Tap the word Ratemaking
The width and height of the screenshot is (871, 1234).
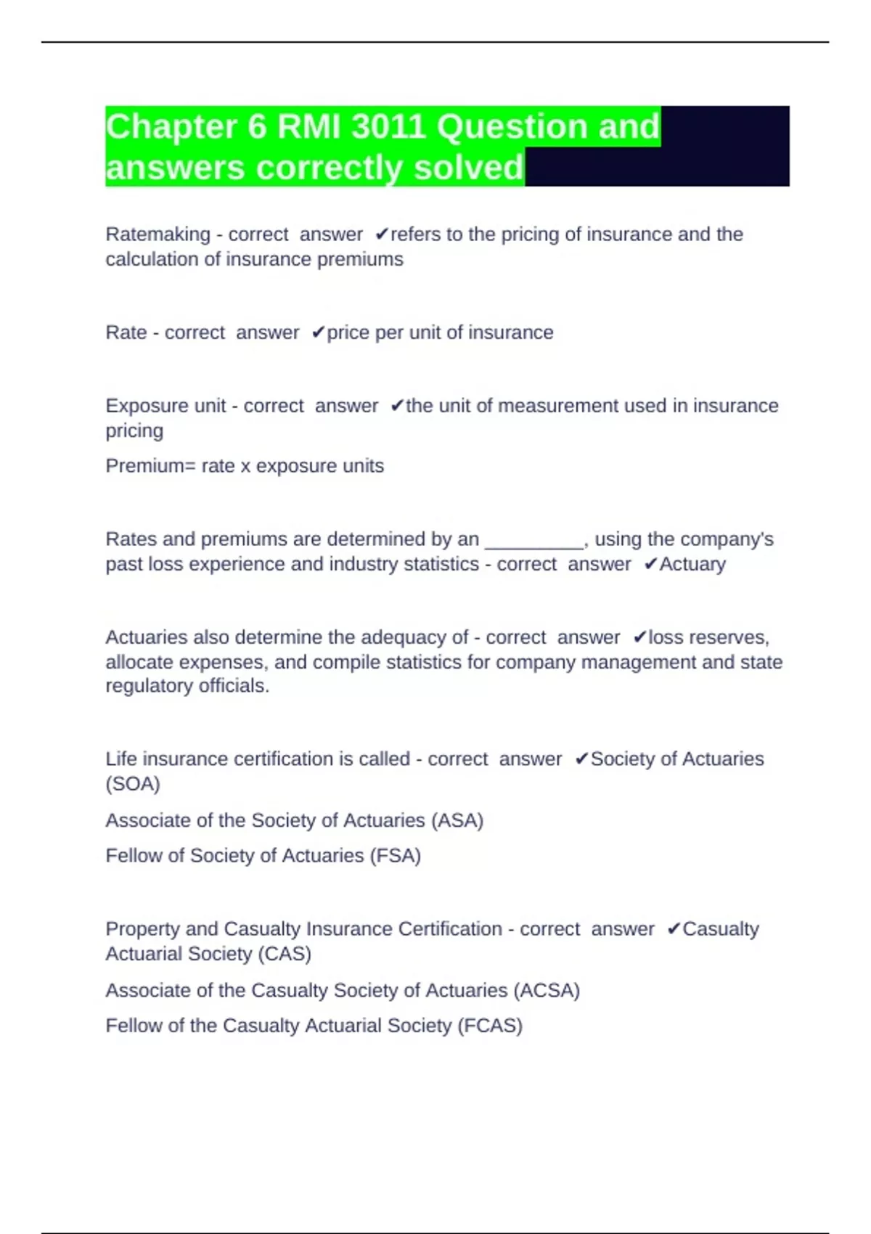(x=158, y=234)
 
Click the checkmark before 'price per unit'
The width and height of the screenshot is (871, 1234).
(x=318, y=332)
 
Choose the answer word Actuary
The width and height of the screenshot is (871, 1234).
(x=692, y=564)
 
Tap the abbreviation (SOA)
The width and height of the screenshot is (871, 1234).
(x=133, y=784)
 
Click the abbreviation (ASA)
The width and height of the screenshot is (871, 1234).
(x=457, y=820)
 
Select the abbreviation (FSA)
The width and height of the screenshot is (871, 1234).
(x=396, y=856)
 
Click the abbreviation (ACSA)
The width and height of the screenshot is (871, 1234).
(x=547, y=991)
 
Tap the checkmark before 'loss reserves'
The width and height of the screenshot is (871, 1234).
(x=639, y=637)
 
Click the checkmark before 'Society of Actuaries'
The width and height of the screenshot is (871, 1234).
(x=581, y=759)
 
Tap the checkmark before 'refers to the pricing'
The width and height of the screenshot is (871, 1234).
(x=382, y=234)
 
